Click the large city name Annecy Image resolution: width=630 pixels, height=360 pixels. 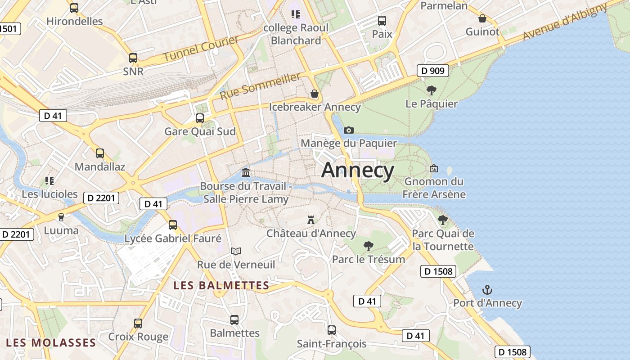[358, 171]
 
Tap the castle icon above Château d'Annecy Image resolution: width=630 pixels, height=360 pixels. [310, 220]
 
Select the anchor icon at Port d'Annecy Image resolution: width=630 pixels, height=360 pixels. [487, 289]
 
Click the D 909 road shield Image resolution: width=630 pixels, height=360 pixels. [433, 71]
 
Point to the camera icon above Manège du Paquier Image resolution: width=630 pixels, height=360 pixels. [348, 130]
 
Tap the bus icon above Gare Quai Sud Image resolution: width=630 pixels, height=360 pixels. [199, 118]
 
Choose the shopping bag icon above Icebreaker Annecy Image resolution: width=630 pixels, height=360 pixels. [315, 94]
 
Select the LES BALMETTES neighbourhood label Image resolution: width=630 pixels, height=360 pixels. [221, 285]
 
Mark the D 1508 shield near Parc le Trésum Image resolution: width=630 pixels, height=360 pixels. [438, 271]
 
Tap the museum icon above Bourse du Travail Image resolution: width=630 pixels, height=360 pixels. [246, 172]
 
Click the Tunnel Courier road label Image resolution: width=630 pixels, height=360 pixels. [201, 49]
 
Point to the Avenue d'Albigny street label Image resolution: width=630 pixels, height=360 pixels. [565, 22]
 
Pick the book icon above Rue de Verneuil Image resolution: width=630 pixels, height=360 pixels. [236, 251]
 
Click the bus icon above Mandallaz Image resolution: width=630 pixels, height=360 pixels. [100, 153]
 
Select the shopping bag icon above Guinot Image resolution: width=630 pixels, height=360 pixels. [482, 18]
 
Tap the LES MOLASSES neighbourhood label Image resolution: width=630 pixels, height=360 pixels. [51, 343]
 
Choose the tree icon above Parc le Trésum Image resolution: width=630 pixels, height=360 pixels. [369, 246]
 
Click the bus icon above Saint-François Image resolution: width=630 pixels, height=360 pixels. [332, 330]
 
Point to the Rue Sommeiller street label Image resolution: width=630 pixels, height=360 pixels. [260, 86]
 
